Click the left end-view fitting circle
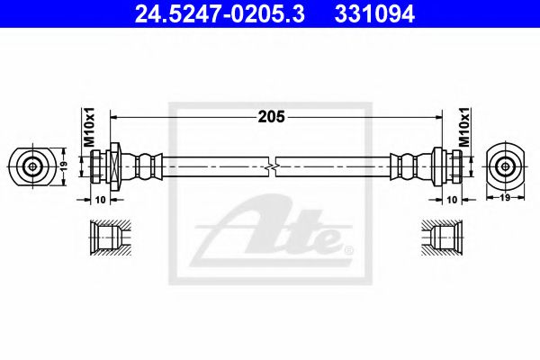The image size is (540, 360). coord(33,166)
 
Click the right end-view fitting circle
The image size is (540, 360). coord(505,166)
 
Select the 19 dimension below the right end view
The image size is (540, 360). coord(505,197)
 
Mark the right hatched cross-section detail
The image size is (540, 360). coord(441,238)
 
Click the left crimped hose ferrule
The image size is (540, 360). coord(144,166)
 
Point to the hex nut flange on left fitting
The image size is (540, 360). coord(114,166)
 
